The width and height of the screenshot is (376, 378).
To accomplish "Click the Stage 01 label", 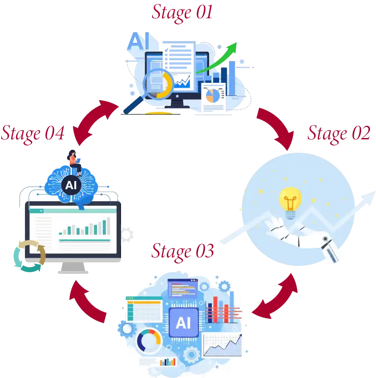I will click(x=182, y=12).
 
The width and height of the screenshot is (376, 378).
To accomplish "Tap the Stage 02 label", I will click(x=338, y=133).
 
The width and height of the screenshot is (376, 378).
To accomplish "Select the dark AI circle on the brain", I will click(x=70, y=185).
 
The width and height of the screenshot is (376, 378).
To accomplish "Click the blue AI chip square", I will click(x=183, y=322).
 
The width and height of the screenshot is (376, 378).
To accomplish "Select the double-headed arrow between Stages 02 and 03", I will click(x=275, y=297).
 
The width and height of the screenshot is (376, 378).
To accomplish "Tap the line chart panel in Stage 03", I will click(x=223, y=345).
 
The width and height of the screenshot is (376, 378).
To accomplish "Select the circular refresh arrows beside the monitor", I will click(x=28, y=256).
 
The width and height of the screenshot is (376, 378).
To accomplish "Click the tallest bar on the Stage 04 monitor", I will click(x=106, y=226).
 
